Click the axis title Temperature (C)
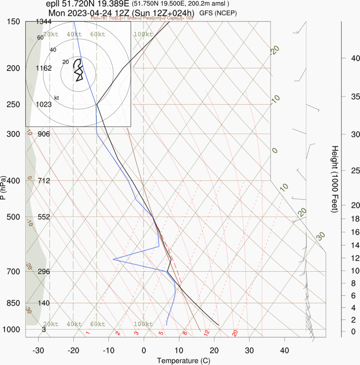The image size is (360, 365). pyautogui.click(x=184, y=360)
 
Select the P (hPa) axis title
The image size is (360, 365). pyautogui.click(x=4, y=187)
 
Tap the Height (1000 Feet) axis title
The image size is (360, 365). pyautogui.click(x=335, y=179)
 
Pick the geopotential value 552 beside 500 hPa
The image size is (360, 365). pyautogui.click(x=43, y=217)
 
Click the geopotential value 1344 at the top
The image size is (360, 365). pyautogui.click(x=43, y=22)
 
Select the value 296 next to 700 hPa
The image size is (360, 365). pyautogui.click(x=43, y=272)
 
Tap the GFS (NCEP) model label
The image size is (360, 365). pyautogui.click(x=218, y=13)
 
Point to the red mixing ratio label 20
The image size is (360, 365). pyautogui.click(x=235, y=333)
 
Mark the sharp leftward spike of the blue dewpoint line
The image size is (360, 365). pyautogui.click(x=113, y=259)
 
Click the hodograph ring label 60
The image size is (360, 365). pyautogui.click(x=40, y=37)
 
